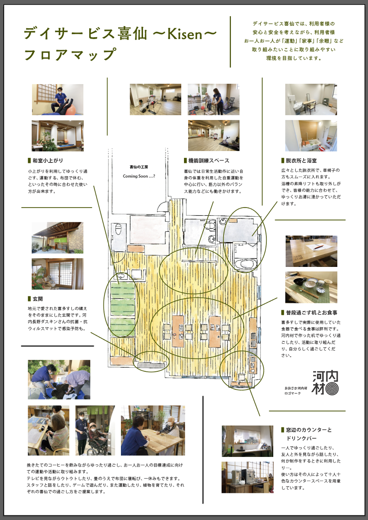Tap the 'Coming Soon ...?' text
pyautogui.click(x=139, y=176)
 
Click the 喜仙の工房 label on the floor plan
pyautogui.click(x=139, y=167)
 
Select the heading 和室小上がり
pyautogui.click(x=47, y=161)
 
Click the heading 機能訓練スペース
pyautogui.click(x=208, y=161)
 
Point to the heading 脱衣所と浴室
pyautogui.click(x=301, y=161)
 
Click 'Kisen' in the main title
pyautogui.click(x=184, y=34)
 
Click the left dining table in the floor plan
pyautogui.click(x=178, y=331)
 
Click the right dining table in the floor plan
pyautogui.click(x=215, y=331)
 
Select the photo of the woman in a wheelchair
pyautogui.click(x=95, y=430)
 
